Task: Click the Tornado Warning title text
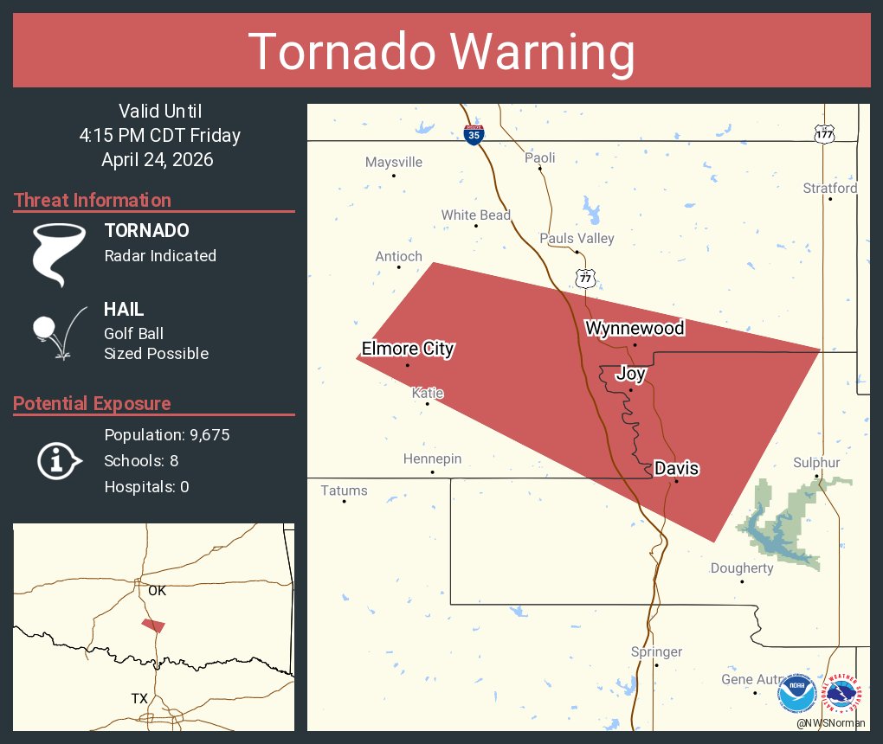click(x=441, y=52)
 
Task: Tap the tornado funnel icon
click(x=59, y=253)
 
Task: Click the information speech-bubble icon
click(x=58, y=460)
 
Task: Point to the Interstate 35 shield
click(x=474, y=135)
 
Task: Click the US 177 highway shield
click(x=824, y=134)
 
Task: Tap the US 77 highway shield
click(x=586, y=277)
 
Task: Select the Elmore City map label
click(x=407, y=349)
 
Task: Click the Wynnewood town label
click(x=635, y=328)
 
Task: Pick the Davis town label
click(x=676, y=468)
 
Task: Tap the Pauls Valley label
click(x=577, y=238)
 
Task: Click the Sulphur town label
click(x=816, y=463)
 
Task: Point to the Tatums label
click(x=344, y=491)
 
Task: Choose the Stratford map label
click(x=829, y=188)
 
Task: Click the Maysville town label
click(x=394, y=162)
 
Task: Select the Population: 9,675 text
click(x=166, y=434)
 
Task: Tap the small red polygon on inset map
click(x=153, y=625)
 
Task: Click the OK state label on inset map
click(x=157, y=591)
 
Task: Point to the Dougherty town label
click(x=742, y=568)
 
